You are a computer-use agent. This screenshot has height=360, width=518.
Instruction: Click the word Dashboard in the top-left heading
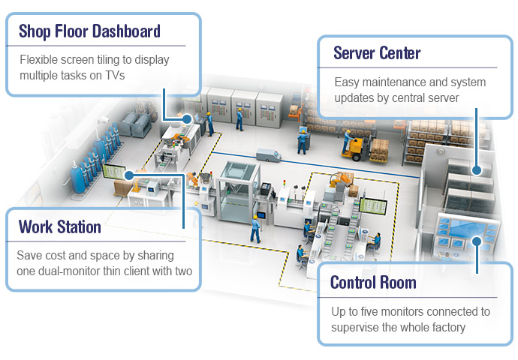tap(127, 31)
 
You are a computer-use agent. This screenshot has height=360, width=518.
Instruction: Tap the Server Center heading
tap(377, 53)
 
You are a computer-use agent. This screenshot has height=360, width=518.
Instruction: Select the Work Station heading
tap(60, 227)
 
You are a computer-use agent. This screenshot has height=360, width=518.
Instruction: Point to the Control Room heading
tap(373, 283)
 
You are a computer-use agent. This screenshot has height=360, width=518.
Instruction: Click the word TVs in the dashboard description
tap(115, 75)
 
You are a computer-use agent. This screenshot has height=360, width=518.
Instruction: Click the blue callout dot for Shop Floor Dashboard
tap(187, 119)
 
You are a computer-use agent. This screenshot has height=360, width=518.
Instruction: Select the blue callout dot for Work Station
tap(129, 175)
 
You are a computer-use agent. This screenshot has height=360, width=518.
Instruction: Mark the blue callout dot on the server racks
tap(477, 170)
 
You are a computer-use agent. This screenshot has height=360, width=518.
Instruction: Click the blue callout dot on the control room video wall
tap(477, 241)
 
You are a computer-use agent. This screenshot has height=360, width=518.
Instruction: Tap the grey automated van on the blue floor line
tap(268, 155)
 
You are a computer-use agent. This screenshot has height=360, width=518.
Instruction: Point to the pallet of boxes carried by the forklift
tap(378, 150)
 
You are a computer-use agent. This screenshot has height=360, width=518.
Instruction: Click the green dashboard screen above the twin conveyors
tap(373, 206)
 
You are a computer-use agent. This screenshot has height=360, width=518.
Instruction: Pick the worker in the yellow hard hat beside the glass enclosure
tap(255, 229)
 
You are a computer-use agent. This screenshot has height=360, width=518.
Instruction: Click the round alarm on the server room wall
tap(440, 151)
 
